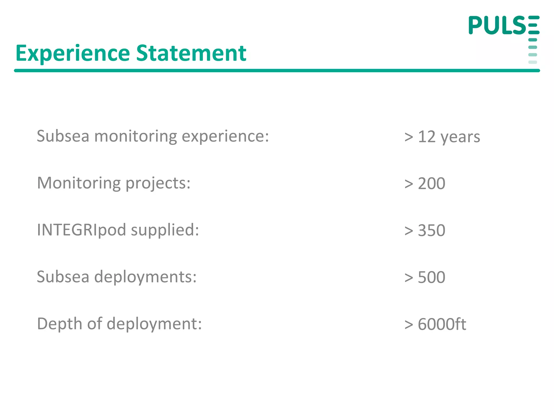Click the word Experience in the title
tap(73, 53)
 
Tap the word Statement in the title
tap(191, 53)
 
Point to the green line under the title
tap(277, 71)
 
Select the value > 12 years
tap(442, 136)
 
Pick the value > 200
tap(425, 183)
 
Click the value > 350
tap(425, 230)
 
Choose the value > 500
tap(425, 277)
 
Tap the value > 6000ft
tap(435, 324)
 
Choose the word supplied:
tap(165, 230)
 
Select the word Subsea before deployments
tap(63, 277)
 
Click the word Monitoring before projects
tap(79, 183)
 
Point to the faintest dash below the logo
tap(532, 62)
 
